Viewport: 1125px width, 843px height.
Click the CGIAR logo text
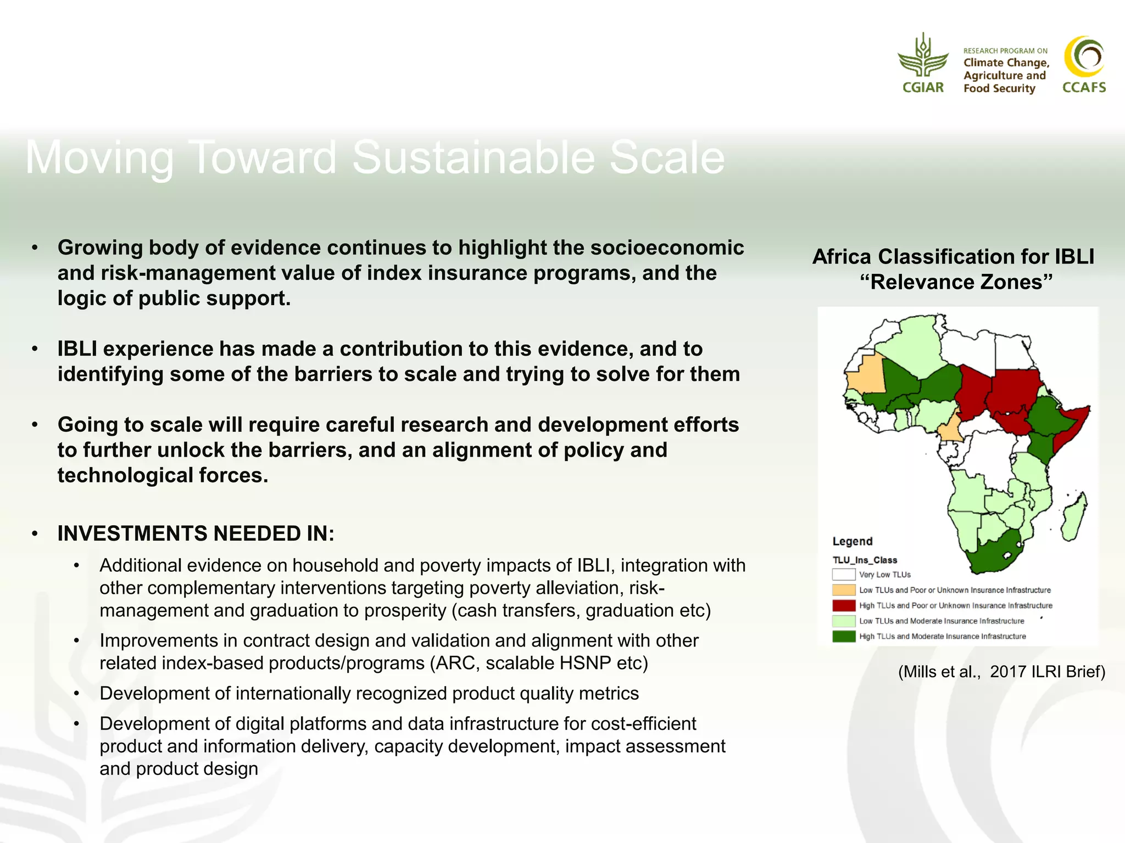pyautogui.click(x=923, y=87)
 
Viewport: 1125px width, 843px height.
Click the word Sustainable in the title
pyautogui.click(x=474, y=158)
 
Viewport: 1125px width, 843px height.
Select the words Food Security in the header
pyautogui.click(x=999, y=88)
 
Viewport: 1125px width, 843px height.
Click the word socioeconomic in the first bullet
pyautogui.click(x=667, y=248)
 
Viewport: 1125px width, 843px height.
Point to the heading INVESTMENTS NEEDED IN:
pyautogui.click(x=196, y=533)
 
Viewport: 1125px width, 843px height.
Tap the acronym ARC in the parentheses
pyautogui.click(x=455, y=663)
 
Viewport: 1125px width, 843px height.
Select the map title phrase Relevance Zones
pyautogui.click(x=956, y=282)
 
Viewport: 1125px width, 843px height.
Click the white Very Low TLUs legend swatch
pyautogui.click(x=843, y=575)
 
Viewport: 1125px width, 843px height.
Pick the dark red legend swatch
pyautogui.click(x=843, y=605)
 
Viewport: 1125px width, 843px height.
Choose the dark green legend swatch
pyautogui.click(x=843, y=636)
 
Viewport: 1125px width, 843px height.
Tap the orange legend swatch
pyautogui.click(x=843, y=590)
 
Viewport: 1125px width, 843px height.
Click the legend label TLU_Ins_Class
pyautogui.click(x=865, y=560)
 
